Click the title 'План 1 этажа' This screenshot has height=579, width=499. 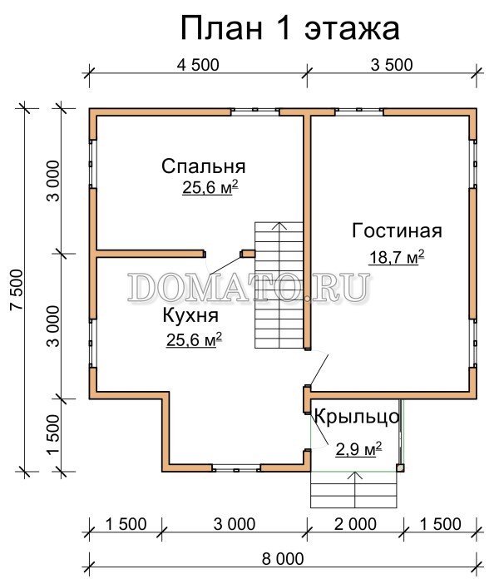(x=290, y=29)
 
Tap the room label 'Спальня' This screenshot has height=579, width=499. (x=204, y=166)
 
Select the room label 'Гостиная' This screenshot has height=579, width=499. (x=397, y=230)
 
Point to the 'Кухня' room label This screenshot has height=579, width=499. (x=190, y=316)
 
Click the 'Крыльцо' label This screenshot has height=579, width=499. (x=357, y=417)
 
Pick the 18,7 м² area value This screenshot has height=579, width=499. (x=397, y=257)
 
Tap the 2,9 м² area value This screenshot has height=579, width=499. (x=358, y=449)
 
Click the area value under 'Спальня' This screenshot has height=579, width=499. (x=210, y=187)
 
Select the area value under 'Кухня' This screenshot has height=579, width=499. (x=194, y=339)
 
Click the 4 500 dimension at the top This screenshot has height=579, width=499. (x=198, y=65)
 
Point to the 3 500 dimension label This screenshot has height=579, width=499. (x=392, y=65)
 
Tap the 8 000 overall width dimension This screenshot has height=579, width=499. (x=283, y=559)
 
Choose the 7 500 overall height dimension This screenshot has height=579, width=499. (x=17, y=289)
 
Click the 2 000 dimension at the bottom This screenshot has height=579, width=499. (x=355, y=524)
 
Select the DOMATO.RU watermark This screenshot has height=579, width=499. (x=249, y=287)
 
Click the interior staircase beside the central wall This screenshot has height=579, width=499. (x=279, y=285)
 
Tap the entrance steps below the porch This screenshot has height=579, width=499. (x=353, y=490)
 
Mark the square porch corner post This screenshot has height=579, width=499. (x=400, y=468)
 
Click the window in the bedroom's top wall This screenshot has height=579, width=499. (x=255, y=111)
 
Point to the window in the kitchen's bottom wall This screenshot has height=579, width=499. (x=236, y=468)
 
